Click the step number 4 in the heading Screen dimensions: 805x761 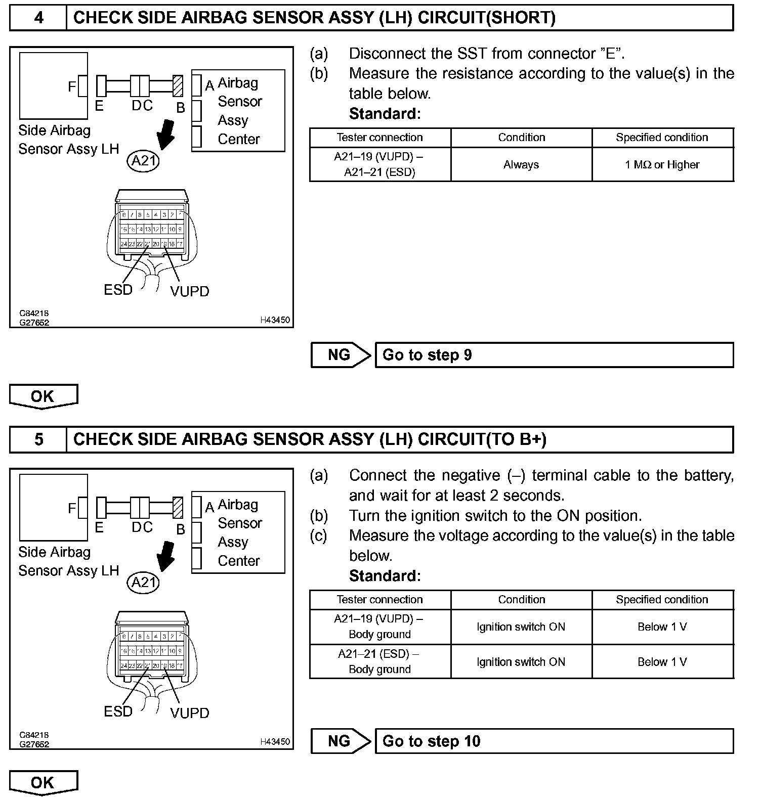(38, 18)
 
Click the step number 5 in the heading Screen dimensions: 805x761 (38, 439)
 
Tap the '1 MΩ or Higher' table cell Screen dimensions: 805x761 (662, 165)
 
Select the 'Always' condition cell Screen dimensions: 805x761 (521, 165)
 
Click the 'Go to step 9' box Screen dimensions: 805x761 (554, 355)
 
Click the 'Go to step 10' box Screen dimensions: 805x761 (554, 741)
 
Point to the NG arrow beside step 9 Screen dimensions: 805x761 (341, 355)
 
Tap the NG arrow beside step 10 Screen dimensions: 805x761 (341, 741)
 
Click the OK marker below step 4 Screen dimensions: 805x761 (43, 396)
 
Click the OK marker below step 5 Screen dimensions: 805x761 (43, 783)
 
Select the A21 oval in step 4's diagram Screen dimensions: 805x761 (143, 161)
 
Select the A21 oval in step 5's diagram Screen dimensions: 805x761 (143, 583)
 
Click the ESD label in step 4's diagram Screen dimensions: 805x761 (118, 290)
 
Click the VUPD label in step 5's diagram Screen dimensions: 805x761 (190, 713)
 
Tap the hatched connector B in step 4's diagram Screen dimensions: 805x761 (178, 86)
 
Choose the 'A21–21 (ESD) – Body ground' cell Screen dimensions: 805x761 (379, 661)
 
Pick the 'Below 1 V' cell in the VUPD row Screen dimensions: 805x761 (662, 627)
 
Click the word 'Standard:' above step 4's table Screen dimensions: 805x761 (385, 114)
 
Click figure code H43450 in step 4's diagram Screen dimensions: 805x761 (275, 320)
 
